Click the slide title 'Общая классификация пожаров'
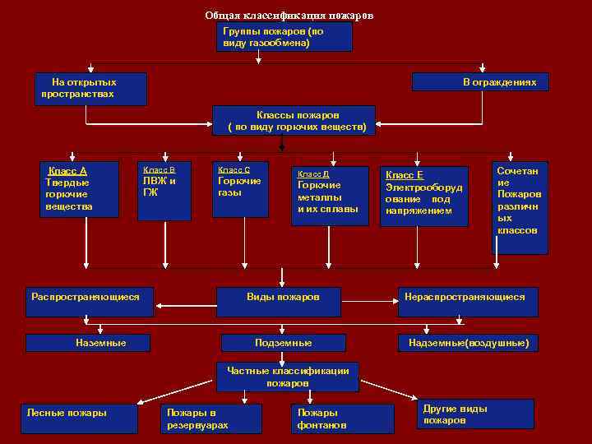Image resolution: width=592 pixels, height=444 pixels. pyautogui.click(x=289, y=16)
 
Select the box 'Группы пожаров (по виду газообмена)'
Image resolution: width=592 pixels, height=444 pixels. pyautogui.click(x=285, y=37)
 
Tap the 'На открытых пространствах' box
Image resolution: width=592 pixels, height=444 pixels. pyautogui.click(x=93, y=89)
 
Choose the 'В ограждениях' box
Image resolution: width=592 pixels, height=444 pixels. pyautogui.click(x=479, y=82)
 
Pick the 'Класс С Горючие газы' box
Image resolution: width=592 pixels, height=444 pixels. pyautogui.click(x=240, y=189)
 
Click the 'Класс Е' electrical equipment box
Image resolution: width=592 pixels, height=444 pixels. pyautogui.click(x=424, y=197)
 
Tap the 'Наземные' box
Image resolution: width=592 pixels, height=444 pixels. pyautogui.click(x=100, y=342)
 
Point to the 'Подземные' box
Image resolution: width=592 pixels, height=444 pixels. pyautogui.click(x=283, y=342)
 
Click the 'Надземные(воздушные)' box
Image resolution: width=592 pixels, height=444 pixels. pyautogui.click(x=468, y=342)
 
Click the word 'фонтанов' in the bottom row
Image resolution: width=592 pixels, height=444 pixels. pyautogui.click(x=321, y=425)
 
